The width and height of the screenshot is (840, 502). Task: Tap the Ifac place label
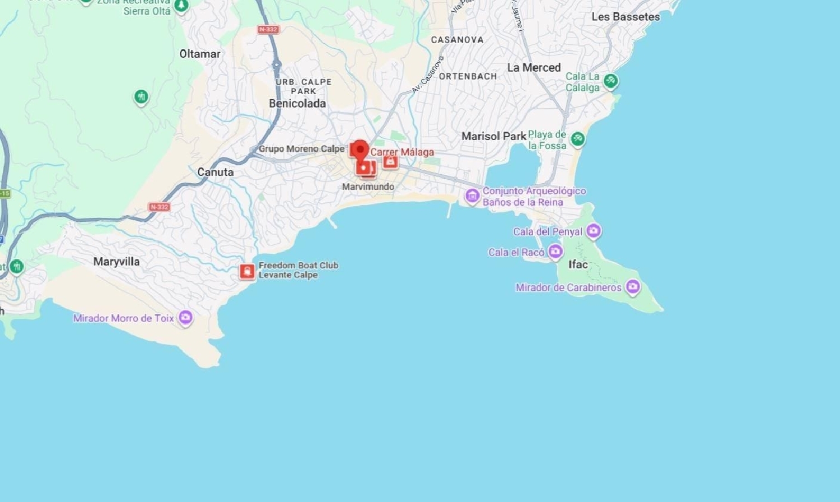point(578,264)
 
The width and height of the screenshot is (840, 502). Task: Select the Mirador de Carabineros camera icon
point(633,287)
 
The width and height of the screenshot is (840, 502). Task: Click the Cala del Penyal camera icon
point(594,230)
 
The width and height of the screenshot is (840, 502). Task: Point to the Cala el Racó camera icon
point(555,252)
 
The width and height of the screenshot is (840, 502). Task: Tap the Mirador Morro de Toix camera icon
point(185,318)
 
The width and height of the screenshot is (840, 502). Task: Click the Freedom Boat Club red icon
point(247,272)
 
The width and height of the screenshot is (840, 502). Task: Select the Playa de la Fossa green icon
point(577,138)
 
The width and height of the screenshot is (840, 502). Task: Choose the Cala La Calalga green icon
point(610,81)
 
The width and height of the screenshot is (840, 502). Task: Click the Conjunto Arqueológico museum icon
point(472,196)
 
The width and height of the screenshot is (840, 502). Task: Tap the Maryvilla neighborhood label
point(116,262)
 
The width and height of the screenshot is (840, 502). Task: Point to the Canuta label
point(215,172)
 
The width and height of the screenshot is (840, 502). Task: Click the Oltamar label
point(200,54)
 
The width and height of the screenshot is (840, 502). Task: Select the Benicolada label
point(297,104)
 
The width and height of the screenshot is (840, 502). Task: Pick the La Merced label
point(534,68)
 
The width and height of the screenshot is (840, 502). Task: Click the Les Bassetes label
point(626,17)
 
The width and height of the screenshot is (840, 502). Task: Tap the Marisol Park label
point(493,136)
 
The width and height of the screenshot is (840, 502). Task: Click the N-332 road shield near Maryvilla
point(159,207)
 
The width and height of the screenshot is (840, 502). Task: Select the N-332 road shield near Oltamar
point(268,29)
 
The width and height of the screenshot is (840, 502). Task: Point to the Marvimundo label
point(368,187)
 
